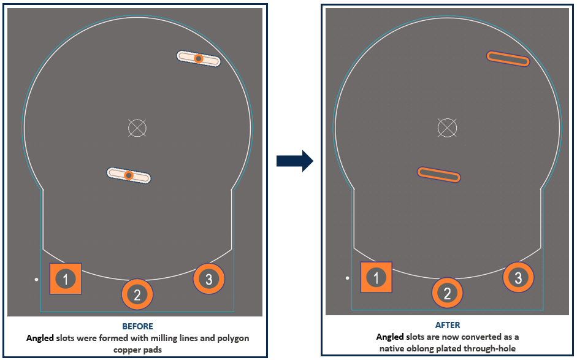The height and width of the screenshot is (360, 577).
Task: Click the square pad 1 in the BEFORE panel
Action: click(66, 279)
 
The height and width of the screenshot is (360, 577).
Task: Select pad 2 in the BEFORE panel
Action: click(137, 294)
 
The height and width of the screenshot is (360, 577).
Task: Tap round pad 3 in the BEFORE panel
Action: click(209, 279)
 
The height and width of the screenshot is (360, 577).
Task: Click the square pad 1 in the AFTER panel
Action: click(376, 277)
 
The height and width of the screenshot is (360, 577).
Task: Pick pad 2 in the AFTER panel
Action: click(447, 293)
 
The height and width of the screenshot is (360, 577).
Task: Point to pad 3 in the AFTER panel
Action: click(518, 278)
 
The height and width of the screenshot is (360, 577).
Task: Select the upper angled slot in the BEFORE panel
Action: click(198, 58)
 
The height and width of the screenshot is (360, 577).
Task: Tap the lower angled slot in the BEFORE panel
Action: click(129, 175)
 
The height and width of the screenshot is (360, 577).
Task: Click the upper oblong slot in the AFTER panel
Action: click(508, 58)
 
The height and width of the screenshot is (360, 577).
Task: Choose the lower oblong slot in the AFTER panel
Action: click(438, 174)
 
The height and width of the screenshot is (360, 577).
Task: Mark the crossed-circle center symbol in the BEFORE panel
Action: click(137, 128)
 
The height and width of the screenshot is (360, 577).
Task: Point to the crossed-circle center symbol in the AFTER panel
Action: click(447, 128)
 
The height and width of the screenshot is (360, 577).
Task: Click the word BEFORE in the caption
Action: click(137, 326)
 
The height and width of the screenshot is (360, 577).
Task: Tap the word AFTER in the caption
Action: click(448, 325)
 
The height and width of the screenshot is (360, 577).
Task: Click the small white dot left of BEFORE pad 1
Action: click(37, 280)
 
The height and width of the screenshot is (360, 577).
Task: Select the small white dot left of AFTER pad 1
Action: click(347, 278)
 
